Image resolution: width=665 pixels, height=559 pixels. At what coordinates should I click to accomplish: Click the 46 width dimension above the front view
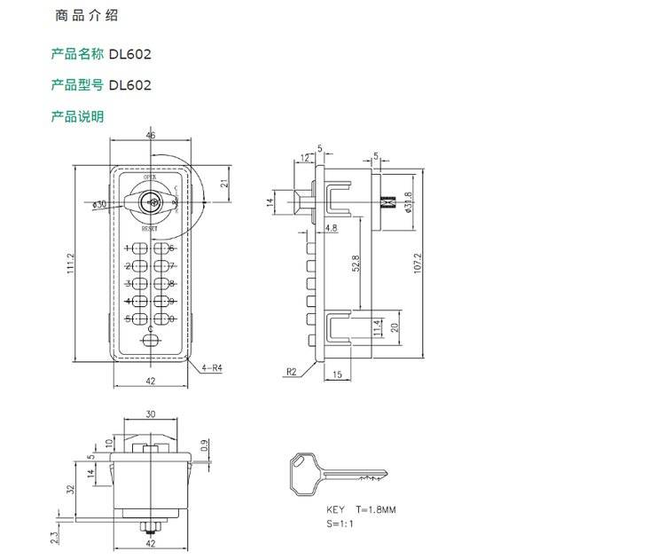(151, 135)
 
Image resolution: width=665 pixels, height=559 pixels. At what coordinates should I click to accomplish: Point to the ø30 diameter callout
(99, 204)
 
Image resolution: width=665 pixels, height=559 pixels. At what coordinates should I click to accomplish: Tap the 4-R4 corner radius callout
(213, 366)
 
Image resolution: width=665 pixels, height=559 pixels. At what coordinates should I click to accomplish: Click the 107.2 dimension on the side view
(418, 263)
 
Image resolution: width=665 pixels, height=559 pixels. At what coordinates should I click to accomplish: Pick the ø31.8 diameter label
(408, 203)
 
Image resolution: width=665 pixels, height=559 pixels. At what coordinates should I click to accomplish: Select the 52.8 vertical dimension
(356, 264)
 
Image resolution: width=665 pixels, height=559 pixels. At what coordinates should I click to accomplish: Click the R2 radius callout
(292, 372)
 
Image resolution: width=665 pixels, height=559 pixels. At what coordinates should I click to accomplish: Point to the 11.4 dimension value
(377, 327)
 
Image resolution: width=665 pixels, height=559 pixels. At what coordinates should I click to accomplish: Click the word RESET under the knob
(149, 229)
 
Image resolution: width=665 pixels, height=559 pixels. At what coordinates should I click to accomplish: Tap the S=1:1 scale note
(339, 524)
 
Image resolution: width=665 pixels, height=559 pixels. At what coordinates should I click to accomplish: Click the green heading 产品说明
(78, 116)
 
